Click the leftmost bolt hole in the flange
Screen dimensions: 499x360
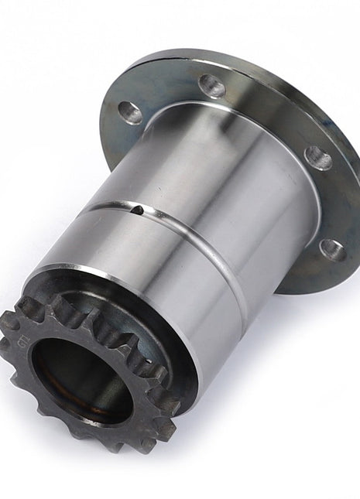pyautogui.click(x=130, y=113)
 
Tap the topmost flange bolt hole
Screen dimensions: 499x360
pyautogui.click(x=211, y=85)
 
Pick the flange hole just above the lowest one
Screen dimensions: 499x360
pyautogui.click(x=318, y=159)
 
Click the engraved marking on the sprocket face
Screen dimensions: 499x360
pyautogui.click(x=19, y=340)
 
